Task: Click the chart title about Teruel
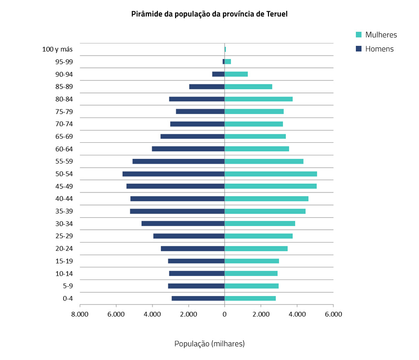209,14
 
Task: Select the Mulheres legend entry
380,35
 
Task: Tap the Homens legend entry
379,49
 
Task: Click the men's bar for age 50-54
173,174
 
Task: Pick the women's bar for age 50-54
271,174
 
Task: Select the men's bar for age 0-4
198,298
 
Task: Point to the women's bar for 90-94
236,74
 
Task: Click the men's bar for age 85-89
207,86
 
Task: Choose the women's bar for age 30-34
260,224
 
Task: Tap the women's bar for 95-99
228,62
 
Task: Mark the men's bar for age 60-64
188,149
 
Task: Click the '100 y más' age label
57,49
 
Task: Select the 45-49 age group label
64,186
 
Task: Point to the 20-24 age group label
64,249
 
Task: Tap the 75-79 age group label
64,111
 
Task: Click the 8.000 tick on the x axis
80,315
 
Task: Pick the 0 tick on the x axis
224,315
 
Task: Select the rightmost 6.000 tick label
333,315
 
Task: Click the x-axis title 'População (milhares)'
209,344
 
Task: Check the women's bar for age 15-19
252,261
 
